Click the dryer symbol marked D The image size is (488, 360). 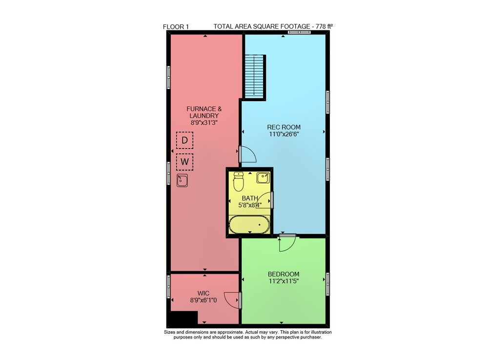[184, 140]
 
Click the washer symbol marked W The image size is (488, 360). [184, 162]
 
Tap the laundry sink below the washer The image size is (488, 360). [182, 180]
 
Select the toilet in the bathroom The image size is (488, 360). [239, 182]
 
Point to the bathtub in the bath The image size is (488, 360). [249, 225]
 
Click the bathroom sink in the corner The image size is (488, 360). [263, 178]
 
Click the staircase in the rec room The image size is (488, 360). [254, 77]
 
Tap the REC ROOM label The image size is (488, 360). [284, 127]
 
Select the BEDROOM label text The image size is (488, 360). [284, 274]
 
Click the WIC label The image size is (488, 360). [203, 293]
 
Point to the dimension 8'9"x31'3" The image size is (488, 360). [204, 123]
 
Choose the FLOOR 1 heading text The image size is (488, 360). [176, 27]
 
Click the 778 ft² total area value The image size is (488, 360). [325, 26]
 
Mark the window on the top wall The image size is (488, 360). [299, 32]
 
